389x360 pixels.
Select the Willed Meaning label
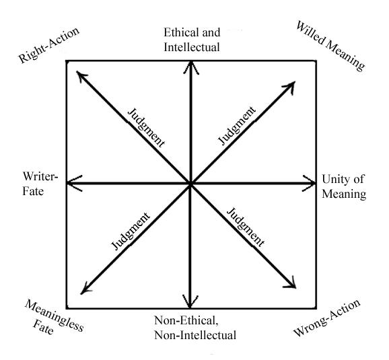point(330,45)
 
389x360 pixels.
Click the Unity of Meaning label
point(343,186)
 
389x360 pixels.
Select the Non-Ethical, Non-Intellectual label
point(193,326)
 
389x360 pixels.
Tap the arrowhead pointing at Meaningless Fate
point(82,291)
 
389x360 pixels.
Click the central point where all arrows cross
point(191,183)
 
